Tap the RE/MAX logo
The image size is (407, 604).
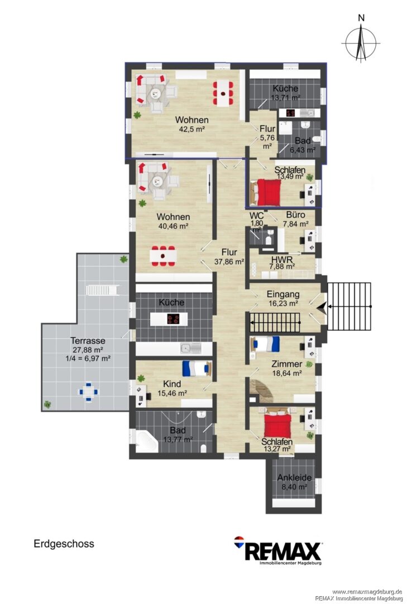278,550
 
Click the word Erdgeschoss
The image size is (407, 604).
64,544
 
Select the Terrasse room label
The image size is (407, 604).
88,341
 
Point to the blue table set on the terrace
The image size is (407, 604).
88,392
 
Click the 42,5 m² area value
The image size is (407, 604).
191,130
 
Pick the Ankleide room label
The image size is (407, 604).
294,478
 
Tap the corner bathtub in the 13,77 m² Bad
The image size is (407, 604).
147,442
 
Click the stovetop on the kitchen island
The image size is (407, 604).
173,319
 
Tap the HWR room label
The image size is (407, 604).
281,259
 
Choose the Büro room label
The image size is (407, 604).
295,215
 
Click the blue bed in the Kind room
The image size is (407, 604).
197,368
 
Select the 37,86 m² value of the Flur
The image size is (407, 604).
229,262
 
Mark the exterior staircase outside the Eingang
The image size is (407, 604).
349,306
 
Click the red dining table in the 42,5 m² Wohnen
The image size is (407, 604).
223,93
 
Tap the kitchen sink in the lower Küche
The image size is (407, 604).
190,349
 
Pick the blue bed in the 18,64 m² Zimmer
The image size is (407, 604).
265,344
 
